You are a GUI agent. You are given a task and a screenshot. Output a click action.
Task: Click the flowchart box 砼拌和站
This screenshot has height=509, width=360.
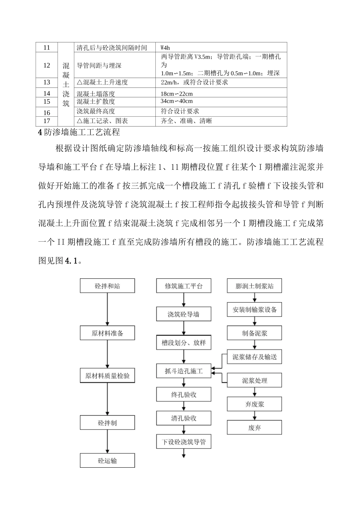107,286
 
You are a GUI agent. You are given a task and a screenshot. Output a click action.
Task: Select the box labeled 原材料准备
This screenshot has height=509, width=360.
107,333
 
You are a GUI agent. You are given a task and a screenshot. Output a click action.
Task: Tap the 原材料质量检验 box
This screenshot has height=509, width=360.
107,376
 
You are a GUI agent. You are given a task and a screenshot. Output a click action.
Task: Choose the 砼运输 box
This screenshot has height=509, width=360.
107,461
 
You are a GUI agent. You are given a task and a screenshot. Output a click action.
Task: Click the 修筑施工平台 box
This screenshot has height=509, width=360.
184,286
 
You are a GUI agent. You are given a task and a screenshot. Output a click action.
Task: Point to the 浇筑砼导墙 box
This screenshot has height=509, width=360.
184,314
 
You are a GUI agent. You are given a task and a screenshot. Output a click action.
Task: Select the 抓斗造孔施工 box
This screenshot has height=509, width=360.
184,371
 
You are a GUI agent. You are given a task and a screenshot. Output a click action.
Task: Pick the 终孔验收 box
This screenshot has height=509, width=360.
184,395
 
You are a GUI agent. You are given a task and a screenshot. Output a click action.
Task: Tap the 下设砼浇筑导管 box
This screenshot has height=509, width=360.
184,442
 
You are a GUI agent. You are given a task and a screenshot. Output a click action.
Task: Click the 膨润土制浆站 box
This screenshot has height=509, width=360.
254,286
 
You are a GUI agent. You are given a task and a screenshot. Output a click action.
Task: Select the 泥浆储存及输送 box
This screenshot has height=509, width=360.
254,357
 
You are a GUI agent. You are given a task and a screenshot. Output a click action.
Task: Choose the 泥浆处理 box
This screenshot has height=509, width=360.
254,381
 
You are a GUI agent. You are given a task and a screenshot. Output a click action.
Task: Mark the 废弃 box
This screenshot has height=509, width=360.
254,428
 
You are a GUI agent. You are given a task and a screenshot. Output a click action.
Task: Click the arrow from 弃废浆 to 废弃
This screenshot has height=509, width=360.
254,416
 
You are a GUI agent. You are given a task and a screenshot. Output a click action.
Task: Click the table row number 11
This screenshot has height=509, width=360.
47,48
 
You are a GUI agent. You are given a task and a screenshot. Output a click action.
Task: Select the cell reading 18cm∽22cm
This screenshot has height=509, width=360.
177,94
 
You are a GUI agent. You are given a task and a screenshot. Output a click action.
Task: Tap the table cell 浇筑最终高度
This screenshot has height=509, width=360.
96,111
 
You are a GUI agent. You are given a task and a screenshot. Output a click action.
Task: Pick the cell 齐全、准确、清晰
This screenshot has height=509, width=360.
186,121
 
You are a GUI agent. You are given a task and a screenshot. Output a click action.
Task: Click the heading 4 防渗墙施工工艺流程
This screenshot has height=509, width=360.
79,132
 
